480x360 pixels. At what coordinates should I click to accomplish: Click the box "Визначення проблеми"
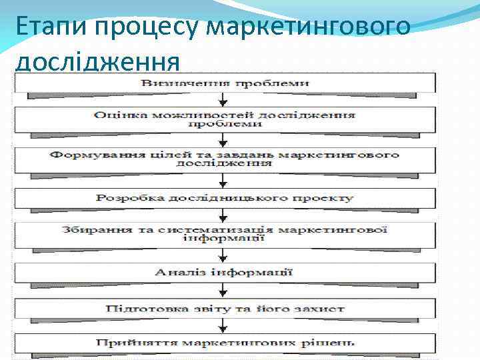click(225, 83)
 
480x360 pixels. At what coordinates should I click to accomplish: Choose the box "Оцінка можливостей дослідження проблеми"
click(225, 119)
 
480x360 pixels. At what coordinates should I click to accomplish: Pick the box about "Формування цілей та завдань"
click(225, 159)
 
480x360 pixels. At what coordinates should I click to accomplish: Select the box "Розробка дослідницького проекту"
click(225, 198)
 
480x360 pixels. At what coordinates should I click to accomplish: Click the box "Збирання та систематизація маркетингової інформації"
click(225, 234)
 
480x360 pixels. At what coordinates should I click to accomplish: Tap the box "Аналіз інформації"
click(225, 272)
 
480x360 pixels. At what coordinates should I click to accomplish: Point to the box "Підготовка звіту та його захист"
click(225, 309)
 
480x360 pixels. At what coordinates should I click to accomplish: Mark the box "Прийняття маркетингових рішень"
click(225, 343)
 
